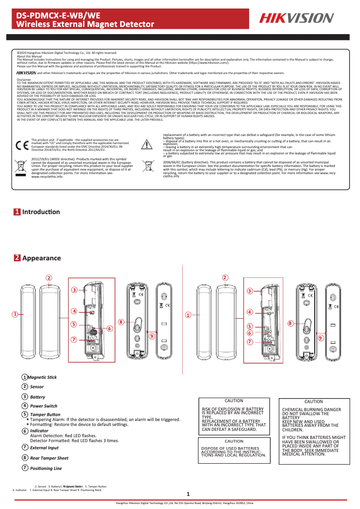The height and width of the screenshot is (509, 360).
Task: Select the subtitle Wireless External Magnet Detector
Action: click(85, 24)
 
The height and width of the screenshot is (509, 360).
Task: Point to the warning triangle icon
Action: click(147, 144)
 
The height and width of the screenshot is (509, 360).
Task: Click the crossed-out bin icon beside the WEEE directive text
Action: click(21, 167)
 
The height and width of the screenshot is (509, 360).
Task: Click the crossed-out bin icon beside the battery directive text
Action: click(147, 167)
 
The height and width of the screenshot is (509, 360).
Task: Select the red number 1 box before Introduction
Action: click(17, 212)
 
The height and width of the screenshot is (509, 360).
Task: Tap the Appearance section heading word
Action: click(41, 258)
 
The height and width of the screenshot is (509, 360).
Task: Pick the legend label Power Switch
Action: click(44, 406)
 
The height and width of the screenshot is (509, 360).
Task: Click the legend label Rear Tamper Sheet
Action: click(49, 458)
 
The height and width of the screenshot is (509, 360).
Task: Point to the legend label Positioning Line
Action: click(46, 468)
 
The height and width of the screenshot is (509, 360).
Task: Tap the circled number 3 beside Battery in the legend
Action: click(25, 397)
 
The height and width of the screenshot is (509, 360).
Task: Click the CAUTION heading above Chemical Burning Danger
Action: click(313, 402)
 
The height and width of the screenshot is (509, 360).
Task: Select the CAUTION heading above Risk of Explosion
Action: click(233, 401)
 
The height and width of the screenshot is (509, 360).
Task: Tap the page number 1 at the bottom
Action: click(189, 494)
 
